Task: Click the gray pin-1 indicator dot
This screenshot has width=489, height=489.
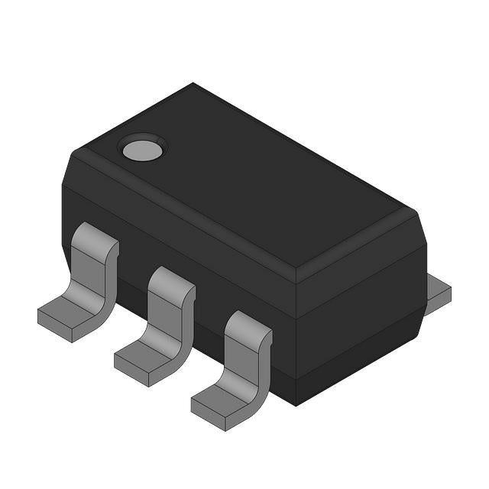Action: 143,148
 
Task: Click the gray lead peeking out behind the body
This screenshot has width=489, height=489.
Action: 439,292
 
